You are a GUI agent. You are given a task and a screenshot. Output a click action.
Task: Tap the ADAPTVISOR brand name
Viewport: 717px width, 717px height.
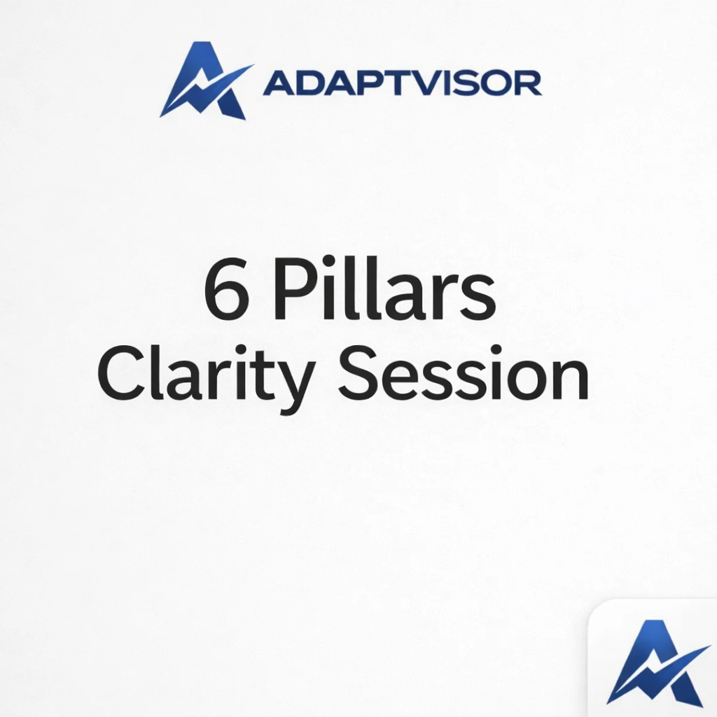pyautogui.click(x=402, y=83)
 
